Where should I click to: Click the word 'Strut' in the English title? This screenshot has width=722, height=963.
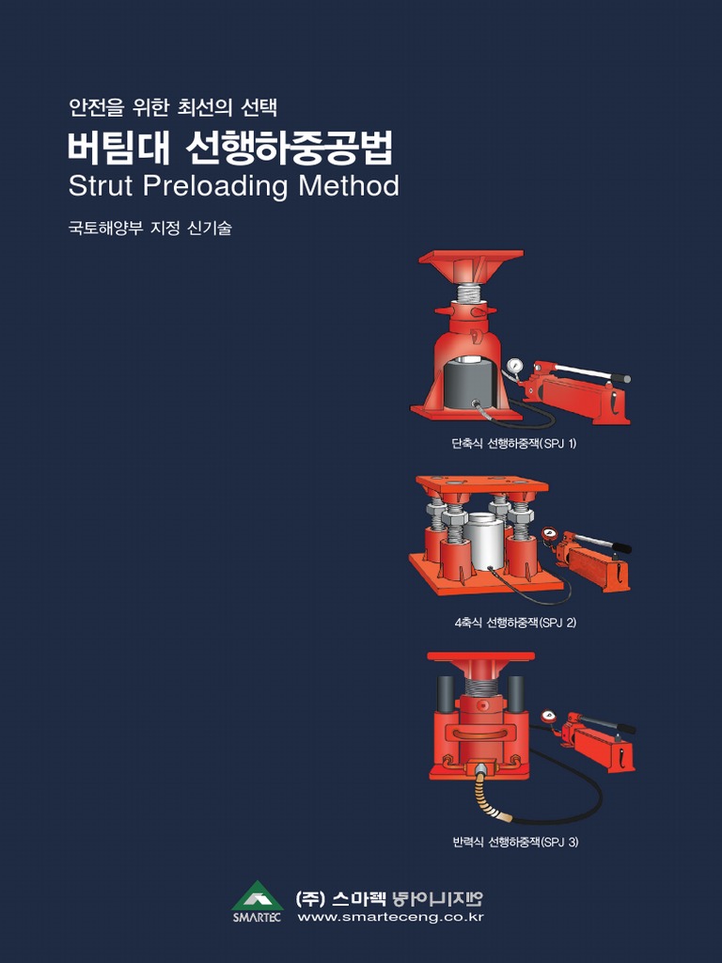tap(102, 186)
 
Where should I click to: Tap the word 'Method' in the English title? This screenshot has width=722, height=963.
tap(349, 186)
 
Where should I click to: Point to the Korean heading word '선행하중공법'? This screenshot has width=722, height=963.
tap(290, 148)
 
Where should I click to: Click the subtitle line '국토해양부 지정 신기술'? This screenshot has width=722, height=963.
tap(149, 228)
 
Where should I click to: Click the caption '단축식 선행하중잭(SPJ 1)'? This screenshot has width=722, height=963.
tap(513, 443)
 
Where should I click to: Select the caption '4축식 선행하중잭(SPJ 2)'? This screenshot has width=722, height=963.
tap(514, 623)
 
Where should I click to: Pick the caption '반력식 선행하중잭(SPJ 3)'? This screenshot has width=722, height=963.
tap(515, 842)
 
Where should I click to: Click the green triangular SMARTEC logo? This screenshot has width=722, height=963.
tap(257, 895)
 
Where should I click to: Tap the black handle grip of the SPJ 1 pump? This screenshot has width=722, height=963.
tap(620, 378)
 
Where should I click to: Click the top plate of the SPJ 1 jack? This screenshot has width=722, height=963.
tap(470, 257)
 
